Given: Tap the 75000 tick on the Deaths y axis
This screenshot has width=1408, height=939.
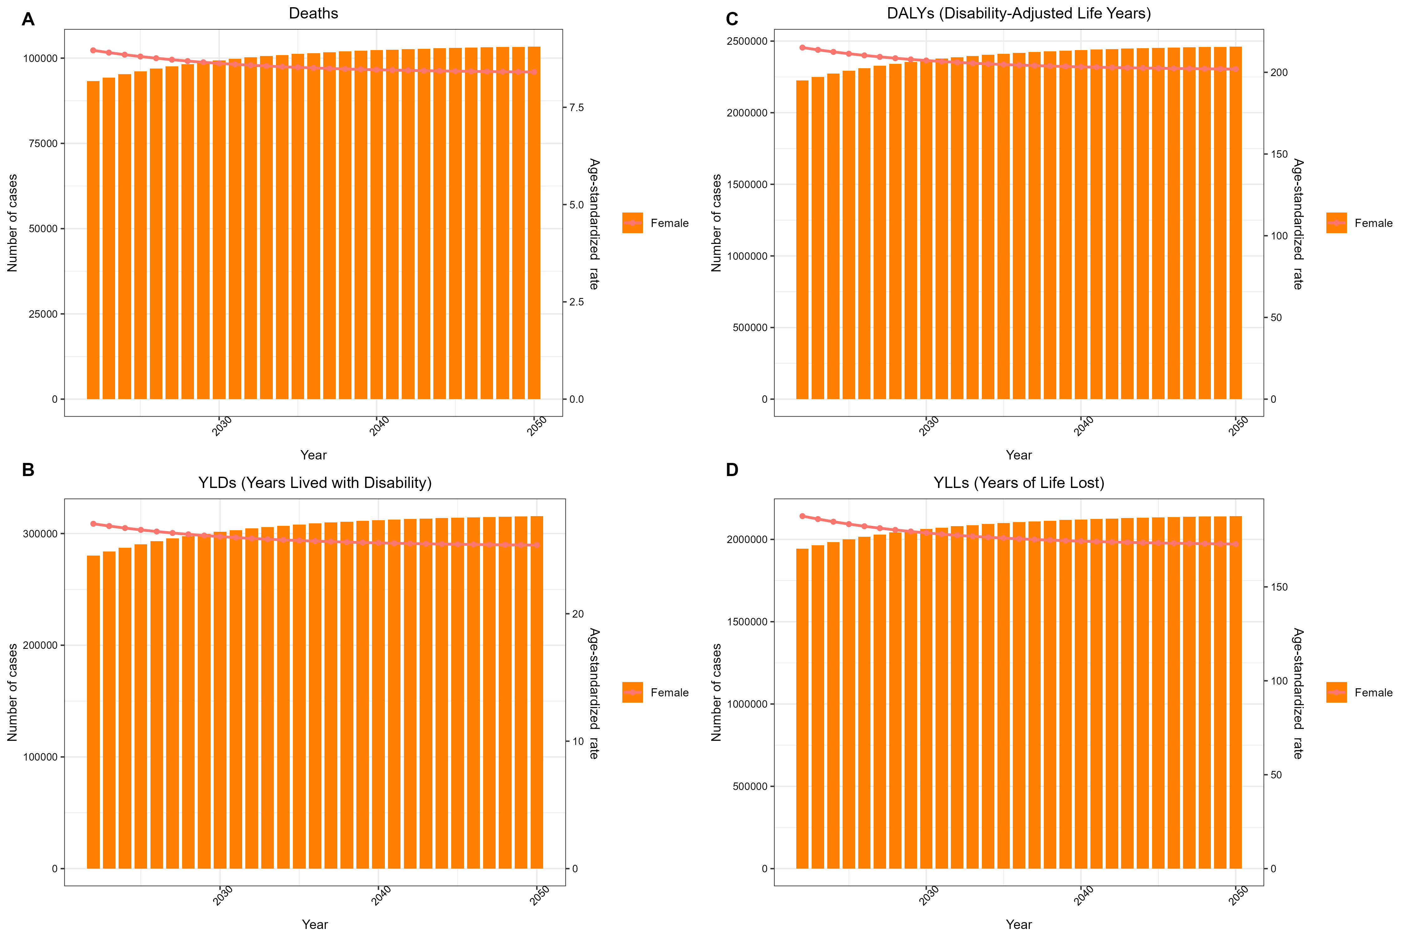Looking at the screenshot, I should point(43,144).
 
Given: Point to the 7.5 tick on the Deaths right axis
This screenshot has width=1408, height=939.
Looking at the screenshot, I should point(576,108).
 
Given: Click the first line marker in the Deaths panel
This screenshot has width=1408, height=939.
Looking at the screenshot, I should point(93,50).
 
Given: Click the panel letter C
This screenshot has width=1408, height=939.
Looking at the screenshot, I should point(732,20).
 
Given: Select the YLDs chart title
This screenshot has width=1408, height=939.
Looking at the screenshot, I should point(315,483).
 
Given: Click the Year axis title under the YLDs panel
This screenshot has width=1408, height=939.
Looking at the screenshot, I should point(315,924).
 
